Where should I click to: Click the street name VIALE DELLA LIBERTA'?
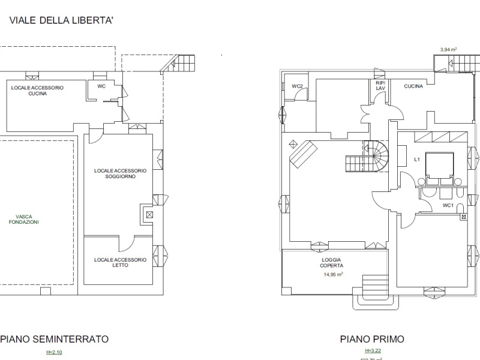pyautogui.click(x=61, y=20)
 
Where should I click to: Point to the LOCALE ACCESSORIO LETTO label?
pyautogui.click(x=120, y=263)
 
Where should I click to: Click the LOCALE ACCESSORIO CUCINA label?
pyautogui.click(x=37, y=91)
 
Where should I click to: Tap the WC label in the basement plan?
pyautogui.click(x=101, y=86)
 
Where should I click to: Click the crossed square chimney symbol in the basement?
pyautogui.click(x=149, y=214)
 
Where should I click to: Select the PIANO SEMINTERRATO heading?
pyautogui.click(x=54, y=339)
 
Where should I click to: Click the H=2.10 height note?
pyautogui.click(x=54, y=352)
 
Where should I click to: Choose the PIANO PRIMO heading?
pyautogui.click(x=372, y=339)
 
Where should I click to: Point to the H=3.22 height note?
pyautogui.click(x=372, y=350)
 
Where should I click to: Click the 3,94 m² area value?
pyautogui.click(x=449, y=50)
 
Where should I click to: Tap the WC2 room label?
pyautogui.click(x=297, y=86)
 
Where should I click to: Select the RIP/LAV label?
pyautogui.click(x=380, y=86)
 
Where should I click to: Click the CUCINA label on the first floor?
pyautogui.click(x=413, y=86)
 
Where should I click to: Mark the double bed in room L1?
pyautogui.click(x=439, y=167)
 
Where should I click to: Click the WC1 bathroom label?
pyautogui.click(x=448, y=205)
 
